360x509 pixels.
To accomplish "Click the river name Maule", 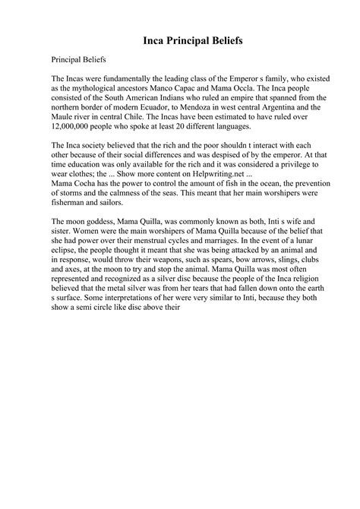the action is pyautogui.click(x=65, y=117).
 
